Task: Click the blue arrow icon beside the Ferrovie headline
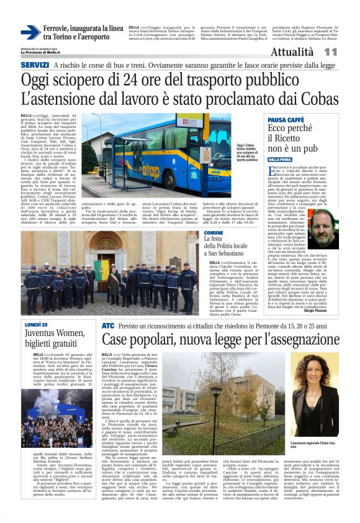coord(30,32)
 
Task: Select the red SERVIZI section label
coord(35,65)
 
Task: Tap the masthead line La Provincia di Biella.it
coord(43,51)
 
